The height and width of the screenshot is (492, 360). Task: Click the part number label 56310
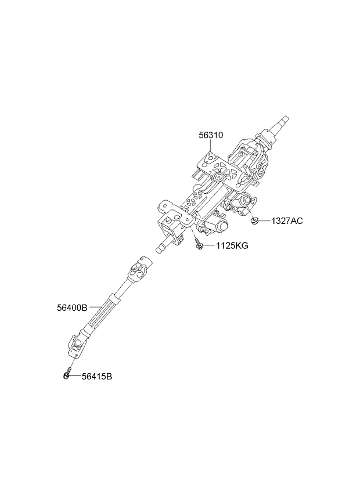point(211,135)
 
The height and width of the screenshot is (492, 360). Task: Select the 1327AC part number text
point(287,221)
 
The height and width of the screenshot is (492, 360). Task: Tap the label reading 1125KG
point(232,245)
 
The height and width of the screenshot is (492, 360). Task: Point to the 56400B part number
point(72,308)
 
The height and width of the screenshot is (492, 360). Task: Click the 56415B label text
point(97,376)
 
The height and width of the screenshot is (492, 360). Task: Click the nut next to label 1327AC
point(254,221)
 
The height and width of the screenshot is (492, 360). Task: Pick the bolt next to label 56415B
point(67,374)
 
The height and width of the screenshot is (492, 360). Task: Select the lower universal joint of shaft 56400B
point(77,345)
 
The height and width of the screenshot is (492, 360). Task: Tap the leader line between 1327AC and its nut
point(265,221)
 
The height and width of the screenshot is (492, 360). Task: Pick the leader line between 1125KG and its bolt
point(208,245)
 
